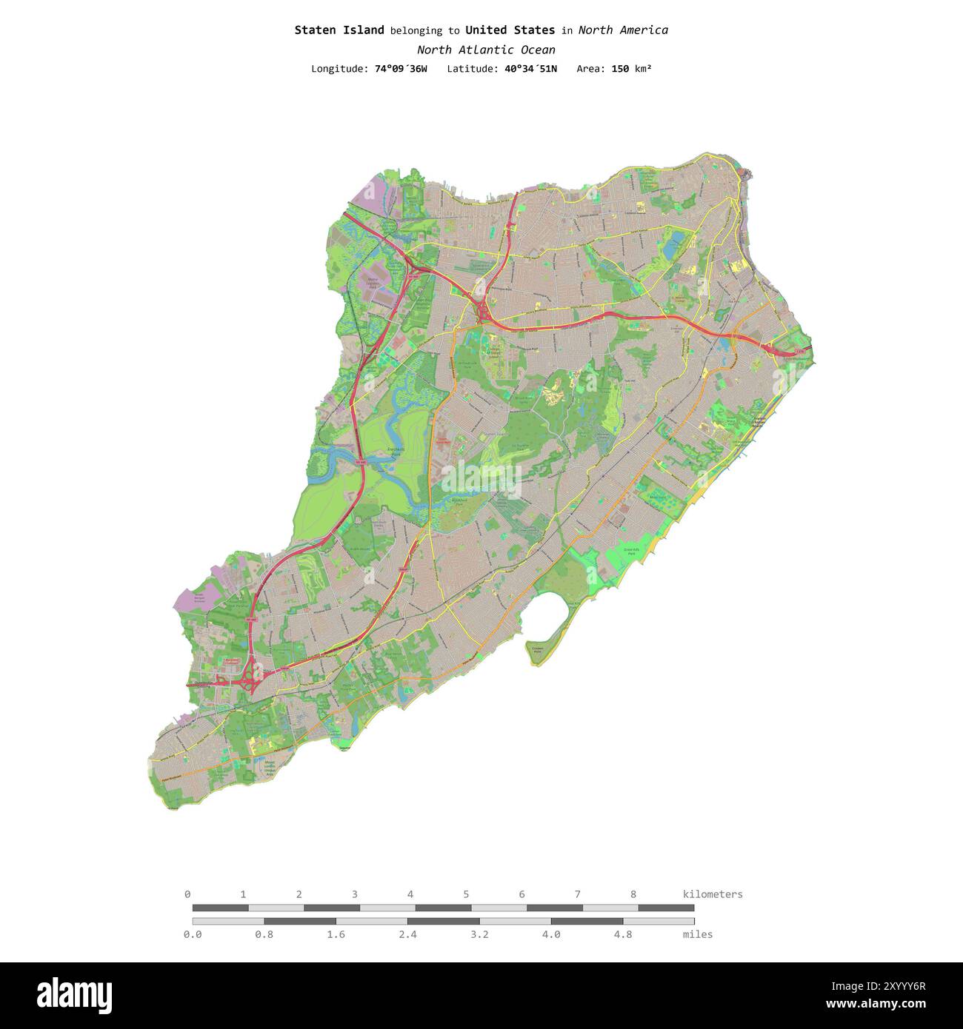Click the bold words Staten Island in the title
[x=339, y=30]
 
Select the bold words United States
[x=510, y=30]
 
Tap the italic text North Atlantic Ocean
[x=486, y=50]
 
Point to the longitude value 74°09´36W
[x=401, y=69]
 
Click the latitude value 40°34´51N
[x=530, y=69]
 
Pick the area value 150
[x=620, y=69]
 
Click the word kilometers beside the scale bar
[x=712, y=894]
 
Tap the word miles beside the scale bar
[x=698, y=934]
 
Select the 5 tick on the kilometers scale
[x=466, y=894]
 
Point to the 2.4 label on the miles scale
[x=407, y=934]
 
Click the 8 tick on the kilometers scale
[x=633, y=894]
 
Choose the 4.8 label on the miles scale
[x=623, y=934]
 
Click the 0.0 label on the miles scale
[x=193, y=934]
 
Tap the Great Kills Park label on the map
[x=632, y=552]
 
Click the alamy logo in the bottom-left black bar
[x=74, y=996]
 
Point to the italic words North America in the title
[x=623, y=30]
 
